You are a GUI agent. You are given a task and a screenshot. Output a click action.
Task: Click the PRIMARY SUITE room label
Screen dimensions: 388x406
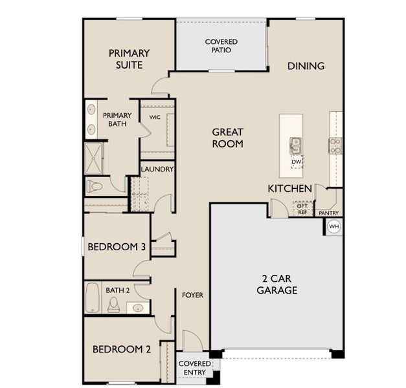coord(130,59)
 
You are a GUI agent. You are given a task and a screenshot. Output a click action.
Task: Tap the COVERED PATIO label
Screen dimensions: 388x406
coord(221,46)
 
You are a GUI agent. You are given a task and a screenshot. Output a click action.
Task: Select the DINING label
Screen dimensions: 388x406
coord(306,66)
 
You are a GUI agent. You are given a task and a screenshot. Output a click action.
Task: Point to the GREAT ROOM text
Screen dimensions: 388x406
coord(228,138)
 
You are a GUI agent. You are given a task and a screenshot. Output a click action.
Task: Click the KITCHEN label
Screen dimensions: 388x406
coord(290,188)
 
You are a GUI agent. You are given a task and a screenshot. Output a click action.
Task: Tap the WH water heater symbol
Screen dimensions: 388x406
coord(333,226)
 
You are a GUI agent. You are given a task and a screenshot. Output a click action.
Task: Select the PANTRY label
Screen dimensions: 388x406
coord(329,212)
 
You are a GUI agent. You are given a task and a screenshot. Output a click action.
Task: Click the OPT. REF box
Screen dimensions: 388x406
coord(302,208)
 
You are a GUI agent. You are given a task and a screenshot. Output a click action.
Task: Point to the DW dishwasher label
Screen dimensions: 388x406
coord(296,162)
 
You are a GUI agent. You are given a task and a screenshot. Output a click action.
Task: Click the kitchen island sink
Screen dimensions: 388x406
coord(295,145)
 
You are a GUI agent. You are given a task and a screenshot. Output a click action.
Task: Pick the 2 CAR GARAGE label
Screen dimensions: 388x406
coord(277,285)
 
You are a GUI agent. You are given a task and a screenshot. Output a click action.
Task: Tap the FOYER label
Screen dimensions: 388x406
coord(192,295)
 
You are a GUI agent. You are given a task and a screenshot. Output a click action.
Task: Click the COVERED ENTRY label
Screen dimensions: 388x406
coord(194,368)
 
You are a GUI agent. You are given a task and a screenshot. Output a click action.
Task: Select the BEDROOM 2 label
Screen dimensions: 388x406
coord(122,349)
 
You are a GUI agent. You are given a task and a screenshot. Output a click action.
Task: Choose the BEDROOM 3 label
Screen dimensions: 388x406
coord(117,246)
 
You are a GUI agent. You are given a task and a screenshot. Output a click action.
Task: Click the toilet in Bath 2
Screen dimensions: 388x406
coord(114,304)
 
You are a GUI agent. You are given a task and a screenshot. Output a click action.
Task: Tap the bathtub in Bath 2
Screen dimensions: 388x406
coord(92,297)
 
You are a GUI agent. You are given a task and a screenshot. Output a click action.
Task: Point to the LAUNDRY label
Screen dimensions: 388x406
coord(157,169)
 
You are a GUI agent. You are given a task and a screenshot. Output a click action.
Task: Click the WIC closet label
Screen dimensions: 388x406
coord(155,117)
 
